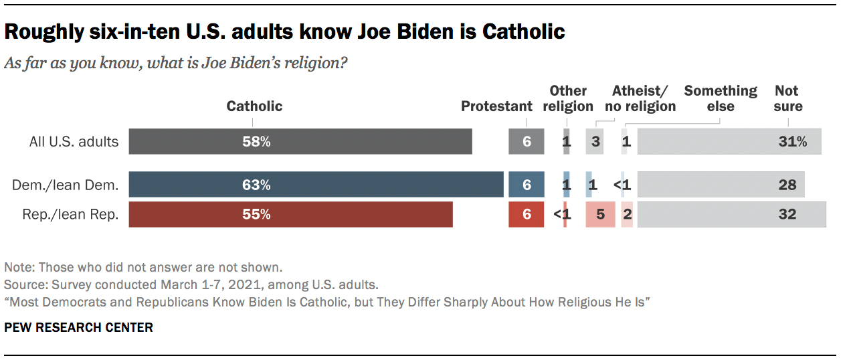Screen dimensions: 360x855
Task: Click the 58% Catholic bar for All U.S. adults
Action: pyautogui.click(x=300, y=142)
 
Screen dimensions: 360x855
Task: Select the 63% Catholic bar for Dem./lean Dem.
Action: pyautogui.click(x=316, y=185)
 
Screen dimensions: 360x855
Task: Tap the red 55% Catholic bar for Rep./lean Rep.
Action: pyautogui.click(x=290, y=214)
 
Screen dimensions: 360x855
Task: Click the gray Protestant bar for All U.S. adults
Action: pyautogui.click(x=526, y=142)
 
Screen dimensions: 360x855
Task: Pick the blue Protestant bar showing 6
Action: pyautogui.click(x=526, y=185)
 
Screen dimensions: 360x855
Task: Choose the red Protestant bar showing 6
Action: pyautogui.click(x=526, y=214)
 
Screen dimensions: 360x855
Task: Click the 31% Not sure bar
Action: pyautogui.click(x=729, y=142)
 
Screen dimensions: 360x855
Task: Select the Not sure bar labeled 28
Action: pyautogui.click(x=721, y=185)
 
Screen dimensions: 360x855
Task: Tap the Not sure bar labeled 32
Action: pyautogui.click(x=731, y=214)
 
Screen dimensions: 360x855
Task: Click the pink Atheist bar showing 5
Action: pyautogui.click(x=600, y=214)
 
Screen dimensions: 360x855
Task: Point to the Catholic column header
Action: pyautogui.click(x=254, y=106)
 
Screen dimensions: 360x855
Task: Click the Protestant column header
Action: pyautogui.click(x=496, y=106)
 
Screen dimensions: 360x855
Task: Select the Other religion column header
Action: pyautogui.click(x=567, y=98)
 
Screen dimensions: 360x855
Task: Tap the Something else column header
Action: pyautogui.click(x=720, y=98)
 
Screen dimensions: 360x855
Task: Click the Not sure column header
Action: pyautogui.click(x=787, y=98)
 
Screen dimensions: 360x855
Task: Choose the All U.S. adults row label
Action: pyautogui.click(x=74, y=142)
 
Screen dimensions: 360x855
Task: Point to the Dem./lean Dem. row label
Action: pyautogui.click(x=65, y=185)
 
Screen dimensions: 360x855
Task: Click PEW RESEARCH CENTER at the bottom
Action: pyautogui.click(x=78, y=327)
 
